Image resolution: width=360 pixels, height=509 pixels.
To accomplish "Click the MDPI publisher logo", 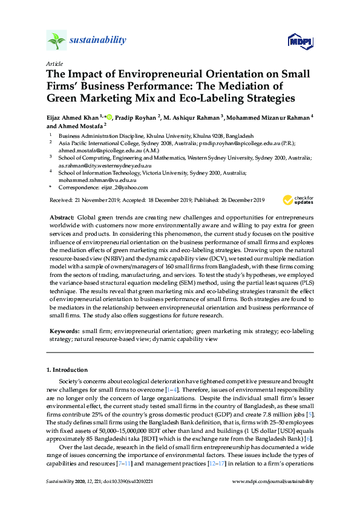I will click(x=295, y=41).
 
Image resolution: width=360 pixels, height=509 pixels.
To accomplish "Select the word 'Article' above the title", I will click(x=53, y=63).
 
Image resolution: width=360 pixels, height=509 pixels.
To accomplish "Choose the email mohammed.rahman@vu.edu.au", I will click(x=97, y=180).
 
